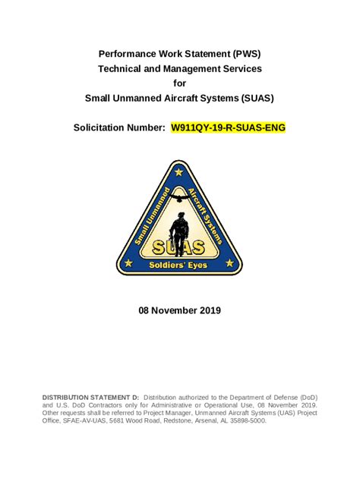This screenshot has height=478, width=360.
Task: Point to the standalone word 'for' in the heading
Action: click(179, 83)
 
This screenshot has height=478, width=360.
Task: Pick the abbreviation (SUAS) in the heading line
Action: click(252, 97)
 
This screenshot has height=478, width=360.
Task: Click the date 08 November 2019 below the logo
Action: click(179, 310)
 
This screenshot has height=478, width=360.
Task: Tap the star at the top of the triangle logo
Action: click(178, 173)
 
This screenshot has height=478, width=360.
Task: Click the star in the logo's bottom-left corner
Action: click(128, 264)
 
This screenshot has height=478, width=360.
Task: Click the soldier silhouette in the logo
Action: click(179, 228)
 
